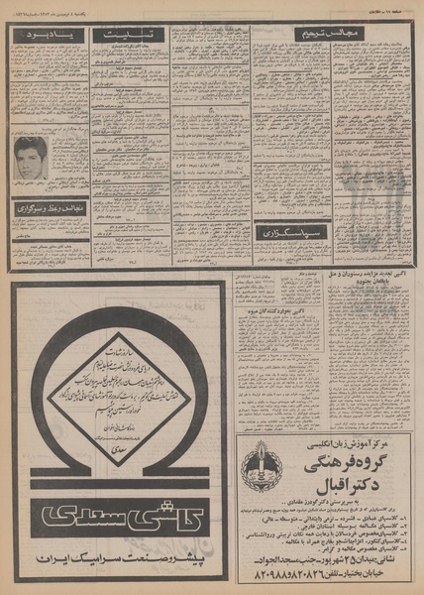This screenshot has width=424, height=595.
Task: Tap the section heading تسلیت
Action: (129, 34)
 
